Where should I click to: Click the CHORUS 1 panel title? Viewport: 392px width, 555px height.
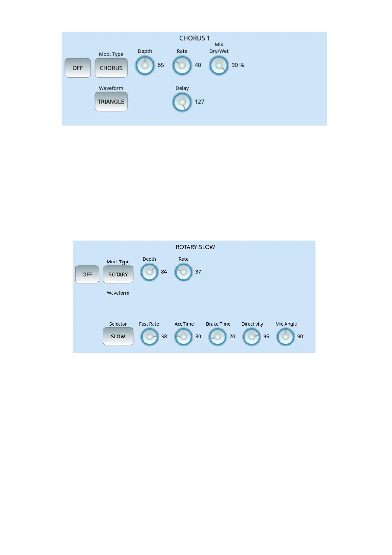coord(194,38)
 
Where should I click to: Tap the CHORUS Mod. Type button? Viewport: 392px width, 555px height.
coord(111,68)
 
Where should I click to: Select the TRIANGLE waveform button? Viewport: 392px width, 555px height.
coord(111,102)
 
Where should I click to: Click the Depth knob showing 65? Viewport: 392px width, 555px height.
coord(145,65)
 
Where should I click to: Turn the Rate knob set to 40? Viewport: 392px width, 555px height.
coord(182,65)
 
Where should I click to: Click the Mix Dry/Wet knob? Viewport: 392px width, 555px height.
coord(219,65)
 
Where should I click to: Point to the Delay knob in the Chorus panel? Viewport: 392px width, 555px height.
coord(182,102)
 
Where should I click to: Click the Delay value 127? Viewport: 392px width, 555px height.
coord(199,102)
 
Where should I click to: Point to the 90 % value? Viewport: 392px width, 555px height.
coord(238,65)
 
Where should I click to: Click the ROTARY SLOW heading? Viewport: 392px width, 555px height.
coord(195,247)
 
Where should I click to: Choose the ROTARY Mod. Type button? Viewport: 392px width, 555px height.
coord(118,275)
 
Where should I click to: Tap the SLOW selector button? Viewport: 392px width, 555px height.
coord(118,336)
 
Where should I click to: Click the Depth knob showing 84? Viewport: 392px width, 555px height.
coord(149,272)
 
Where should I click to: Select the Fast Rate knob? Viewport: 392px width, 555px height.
coord(150,337)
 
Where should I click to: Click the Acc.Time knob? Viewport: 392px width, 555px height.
coord(184,337)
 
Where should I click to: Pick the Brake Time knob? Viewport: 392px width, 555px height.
coord(218,337)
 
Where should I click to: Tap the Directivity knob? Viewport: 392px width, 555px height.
coord(252,337)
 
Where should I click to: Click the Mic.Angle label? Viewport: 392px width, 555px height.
coord(286,324)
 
